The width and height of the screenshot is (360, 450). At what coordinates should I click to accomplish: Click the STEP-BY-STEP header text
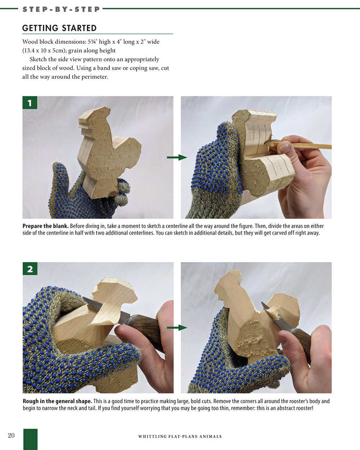pyautogui.click(x=61, y=9)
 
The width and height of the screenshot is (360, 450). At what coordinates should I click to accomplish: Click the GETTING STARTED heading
pyautogui.click(x=59, y=28)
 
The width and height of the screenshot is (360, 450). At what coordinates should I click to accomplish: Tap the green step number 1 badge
pyautogui.click(x=30, y=103)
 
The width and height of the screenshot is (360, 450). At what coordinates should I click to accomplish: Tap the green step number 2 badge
pyautogui.click(x=30, y=269)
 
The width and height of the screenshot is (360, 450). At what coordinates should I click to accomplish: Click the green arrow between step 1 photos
pyautogui.click(x=177, y=157)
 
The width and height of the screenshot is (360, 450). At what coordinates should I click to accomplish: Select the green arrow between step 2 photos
pyautogui.click(x=177, y=328)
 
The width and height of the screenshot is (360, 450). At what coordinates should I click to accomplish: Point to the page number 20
pyautogui.click(x=11, y=436)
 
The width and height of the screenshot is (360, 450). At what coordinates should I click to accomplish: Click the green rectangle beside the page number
pyautogui.click(x=30, y=439)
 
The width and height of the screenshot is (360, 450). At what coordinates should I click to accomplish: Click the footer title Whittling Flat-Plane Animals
pyautogui.click(x=180, y=436)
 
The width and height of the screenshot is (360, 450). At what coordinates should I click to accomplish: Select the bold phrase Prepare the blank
pyautogui.click(x=45, y=226)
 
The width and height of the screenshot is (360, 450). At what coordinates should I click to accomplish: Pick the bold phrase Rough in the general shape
pyautogui.click(x=57, y=401)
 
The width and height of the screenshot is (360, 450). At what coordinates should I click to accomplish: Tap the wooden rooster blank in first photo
pyautogui.click(x=108, y=151)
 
